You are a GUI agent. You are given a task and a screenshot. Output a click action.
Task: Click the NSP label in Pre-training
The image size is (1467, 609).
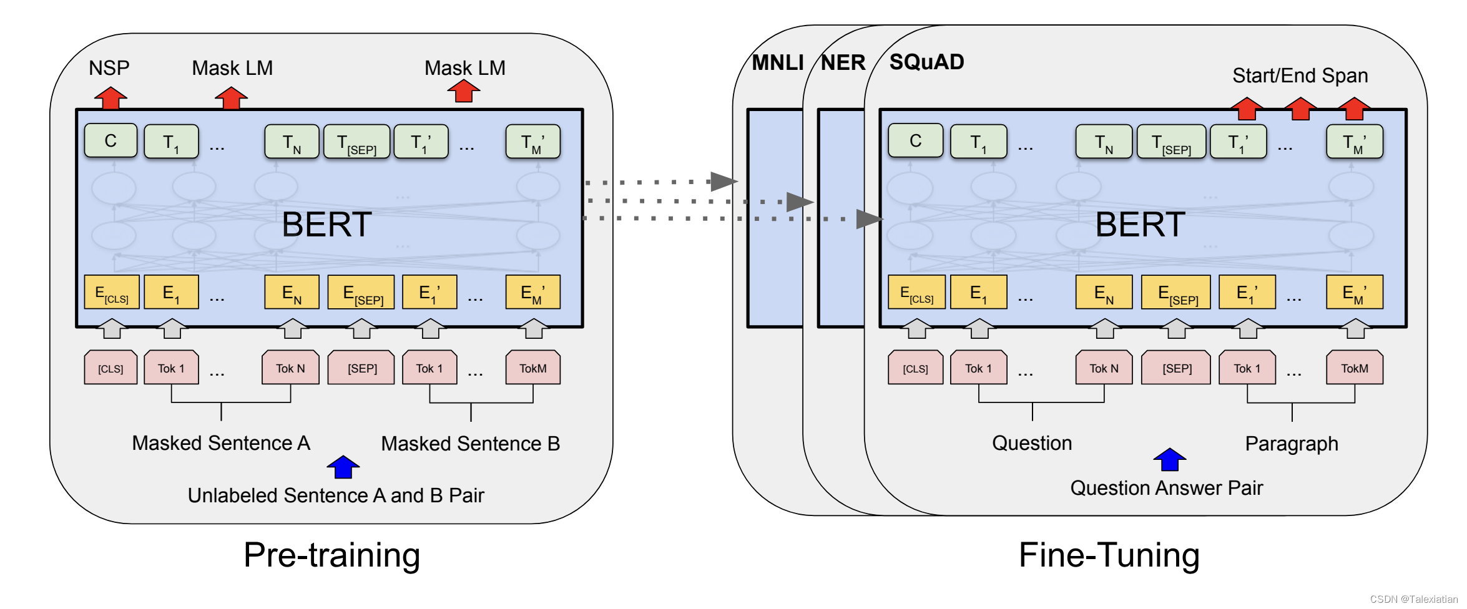pos(109,68)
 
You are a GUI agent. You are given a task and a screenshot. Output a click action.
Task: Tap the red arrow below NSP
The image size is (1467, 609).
pos(110,98)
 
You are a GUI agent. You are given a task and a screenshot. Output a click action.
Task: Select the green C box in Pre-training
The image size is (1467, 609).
pos(110,141)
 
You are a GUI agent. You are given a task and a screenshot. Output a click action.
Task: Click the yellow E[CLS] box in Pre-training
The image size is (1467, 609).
pos(111,292)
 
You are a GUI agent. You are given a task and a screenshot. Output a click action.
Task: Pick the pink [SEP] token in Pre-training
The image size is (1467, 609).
pos(361,368)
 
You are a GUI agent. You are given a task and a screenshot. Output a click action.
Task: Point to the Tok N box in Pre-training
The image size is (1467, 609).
pos(290,368)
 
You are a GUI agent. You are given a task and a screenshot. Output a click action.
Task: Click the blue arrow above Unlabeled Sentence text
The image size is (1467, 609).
pos(343,467)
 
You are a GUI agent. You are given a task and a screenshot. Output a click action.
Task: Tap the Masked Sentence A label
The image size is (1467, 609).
pos(221,443)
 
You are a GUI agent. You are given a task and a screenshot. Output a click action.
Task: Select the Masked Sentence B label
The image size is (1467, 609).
pos(470,444)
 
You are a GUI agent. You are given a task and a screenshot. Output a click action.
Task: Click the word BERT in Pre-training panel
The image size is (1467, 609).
pos(326,225)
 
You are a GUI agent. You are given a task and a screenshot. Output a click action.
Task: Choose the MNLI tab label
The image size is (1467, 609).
pos(777,62)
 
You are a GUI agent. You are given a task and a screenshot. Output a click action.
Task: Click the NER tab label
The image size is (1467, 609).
pos(843,62)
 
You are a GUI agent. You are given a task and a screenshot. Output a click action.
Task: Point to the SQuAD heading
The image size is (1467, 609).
pos(926,62)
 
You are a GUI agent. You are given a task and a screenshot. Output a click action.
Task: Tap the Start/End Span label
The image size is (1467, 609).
pos(1300,76)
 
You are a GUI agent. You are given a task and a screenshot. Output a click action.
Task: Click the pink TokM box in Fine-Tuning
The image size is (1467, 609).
pos(1354,368)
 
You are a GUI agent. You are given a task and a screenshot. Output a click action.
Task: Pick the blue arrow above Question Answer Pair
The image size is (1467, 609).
pos(1169,459)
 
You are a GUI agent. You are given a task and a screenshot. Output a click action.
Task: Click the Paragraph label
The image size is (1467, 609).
pos(1291,444)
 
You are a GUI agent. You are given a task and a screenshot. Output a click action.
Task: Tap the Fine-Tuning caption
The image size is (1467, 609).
pos(1109,555)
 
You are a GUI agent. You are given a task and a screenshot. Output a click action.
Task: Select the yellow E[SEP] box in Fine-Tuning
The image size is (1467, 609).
pos(1176,293)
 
